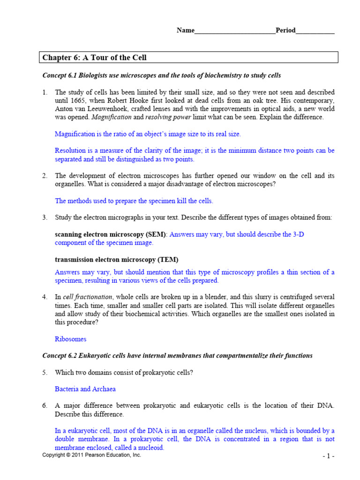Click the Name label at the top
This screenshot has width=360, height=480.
point(185,30)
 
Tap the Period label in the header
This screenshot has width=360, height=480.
point(285,30)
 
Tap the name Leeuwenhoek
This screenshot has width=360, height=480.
point(102,109)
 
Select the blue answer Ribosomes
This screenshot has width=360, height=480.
point(70,339)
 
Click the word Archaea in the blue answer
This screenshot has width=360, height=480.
point(104,389)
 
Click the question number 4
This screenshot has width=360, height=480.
point(45,297)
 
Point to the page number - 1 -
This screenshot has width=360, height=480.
point(328,456)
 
